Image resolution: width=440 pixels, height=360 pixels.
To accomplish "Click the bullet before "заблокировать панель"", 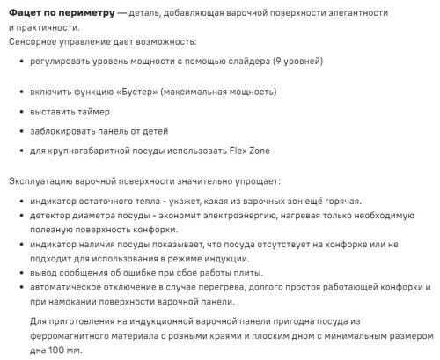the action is [x=20, y=131].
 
